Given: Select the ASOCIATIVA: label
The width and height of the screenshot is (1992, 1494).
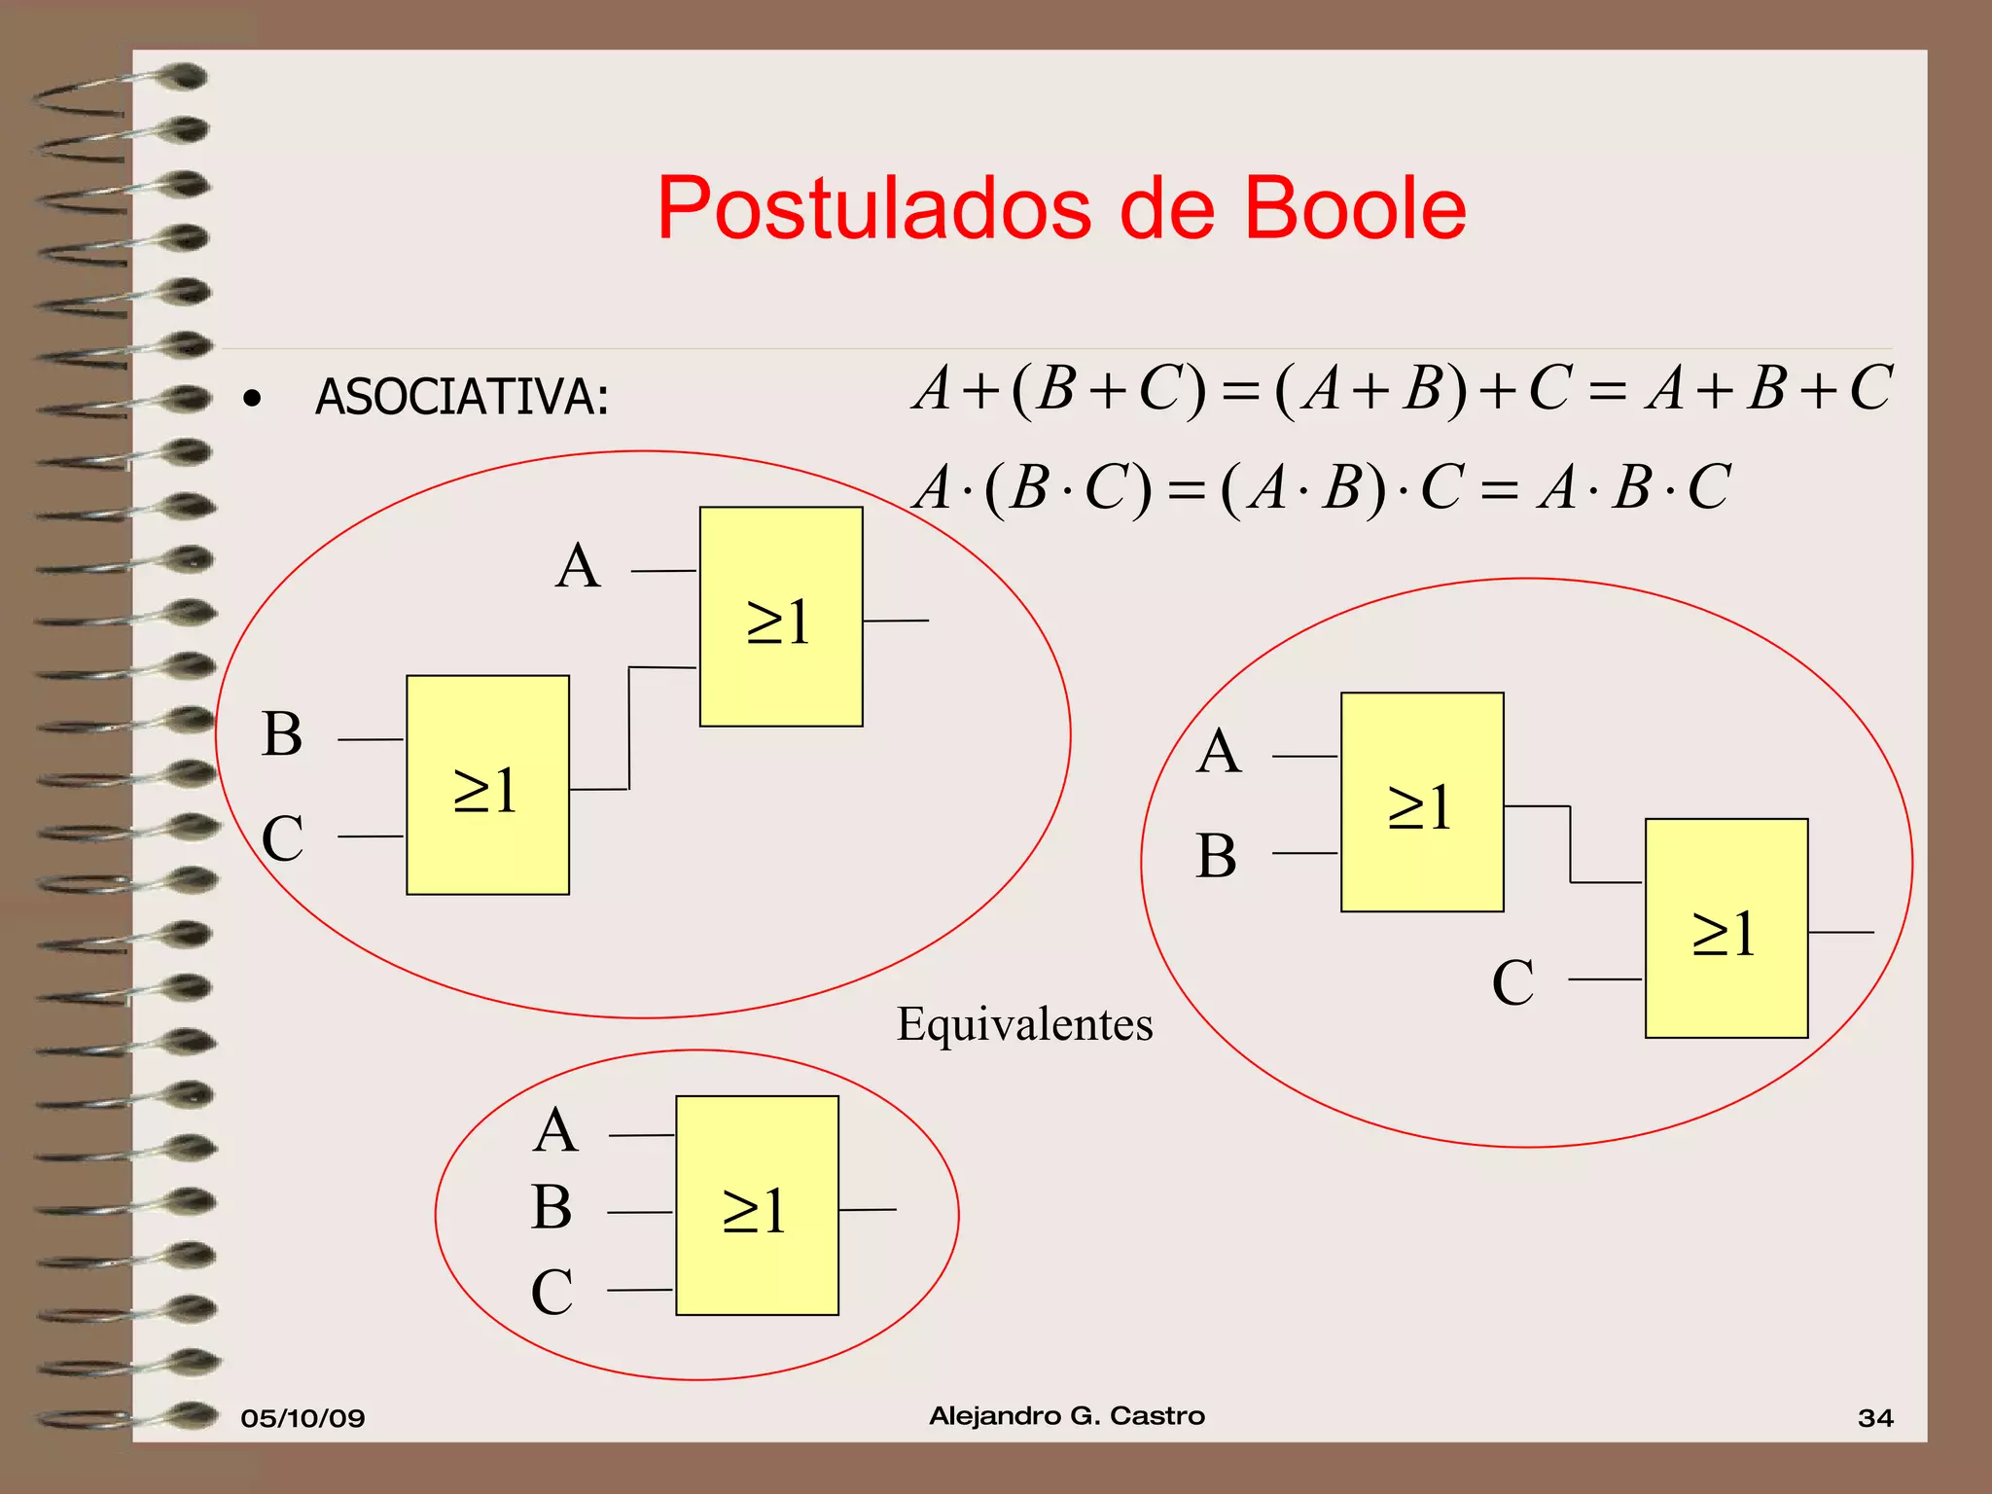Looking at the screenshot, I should [462, 397].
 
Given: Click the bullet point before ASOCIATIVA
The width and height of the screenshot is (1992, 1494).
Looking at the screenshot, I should [253, 399].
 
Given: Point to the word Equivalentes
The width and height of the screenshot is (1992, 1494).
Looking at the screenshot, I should [1024, 1024].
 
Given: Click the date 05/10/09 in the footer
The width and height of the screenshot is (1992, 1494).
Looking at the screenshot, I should [302, 1417].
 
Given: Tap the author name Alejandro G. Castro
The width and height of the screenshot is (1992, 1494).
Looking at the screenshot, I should [1067, 1415].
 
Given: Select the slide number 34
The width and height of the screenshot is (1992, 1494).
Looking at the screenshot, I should [1875, 1417].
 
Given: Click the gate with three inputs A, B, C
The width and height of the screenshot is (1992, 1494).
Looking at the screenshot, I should [757, 1205].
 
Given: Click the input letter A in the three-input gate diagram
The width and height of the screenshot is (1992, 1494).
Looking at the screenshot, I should [555, 1130].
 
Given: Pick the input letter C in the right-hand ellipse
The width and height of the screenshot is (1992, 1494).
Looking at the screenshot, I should [1512, 982].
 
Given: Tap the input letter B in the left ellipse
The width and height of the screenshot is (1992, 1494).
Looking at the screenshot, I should [282, 734].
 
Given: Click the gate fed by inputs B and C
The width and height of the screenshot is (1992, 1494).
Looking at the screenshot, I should [487, 785].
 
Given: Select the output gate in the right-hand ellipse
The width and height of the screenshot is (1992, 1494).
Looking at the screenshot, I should [1726, 928].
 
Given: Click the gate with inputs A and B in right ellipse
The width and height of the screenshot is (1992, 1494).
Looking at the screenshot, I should [1422, 801].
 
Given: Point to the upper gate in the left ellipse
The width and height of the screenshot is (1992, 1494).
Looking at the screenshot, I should [781, 617].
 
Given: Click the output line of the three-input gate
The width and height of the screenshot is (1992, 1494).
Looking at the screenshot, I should [868, 1209].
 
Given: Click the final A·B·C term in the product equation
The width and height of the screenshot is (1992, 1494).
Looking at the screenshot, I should [1634, 486].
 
